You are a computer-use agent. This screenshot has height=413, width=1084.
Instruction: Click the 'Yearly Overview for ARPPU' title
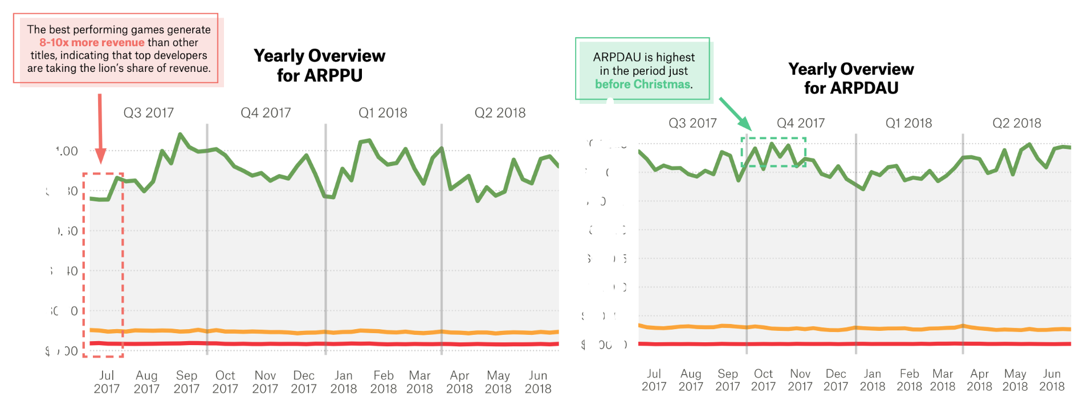[319, 66]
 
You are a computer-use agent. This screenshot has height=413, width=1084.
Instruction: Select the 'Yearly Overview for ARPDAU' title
[851, 78]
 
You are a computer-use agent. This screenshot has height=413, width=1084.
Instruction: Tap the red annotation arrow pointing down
[100, 128]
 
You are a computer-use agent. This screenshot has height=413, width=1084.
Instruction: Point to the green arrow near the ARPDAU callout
[735, 114]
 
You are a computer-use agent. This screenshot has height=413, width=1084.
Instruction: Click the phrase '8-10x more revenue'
[92, 43]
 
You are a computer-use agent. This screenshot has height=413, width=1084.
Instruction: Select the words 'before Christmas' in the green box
[642, 84]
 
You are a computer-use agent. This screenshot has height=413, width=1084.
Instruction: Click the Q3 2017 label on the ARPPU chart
[148, 113]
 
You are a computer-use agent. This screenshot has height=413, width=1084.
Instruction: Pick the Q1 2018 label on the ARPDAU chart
[908, 123]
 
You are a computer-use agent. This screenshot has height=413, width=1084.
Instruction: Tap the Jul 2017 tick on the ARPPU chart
[107, 382]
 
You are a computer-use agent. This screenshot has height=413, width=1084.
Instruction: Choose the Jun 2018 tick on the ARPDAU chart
[1052, 380]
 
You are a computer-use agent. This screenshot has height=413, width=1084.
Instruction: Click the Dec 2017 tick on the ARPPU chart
[303, 382]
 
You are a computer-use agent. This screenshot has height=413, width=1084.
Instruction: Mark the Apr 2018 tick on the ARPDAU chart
[979, 380]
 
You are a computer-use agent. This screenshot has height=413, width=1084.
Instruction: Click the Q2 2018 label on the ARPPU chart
[500, 113]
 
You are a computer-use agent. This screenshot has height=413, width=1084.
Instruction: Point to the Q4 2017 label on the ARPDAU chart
[800, 123]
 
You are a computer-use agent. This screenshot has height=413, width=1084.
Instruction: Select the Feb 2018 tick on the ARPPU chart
[383, 382]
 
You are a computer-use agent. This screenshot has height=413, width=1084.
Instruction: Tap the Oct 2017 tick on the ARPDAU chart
[763, 380]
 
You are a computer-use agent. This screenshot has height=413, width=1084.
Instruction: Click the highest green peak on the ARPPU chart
[180, 135]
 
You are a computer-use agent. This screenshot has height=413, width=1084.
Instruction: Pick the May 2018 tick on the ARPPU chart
[498, 382]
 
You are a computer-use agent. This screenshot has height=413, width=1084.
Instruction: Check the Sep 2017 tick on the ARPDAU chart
[727, 380]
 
